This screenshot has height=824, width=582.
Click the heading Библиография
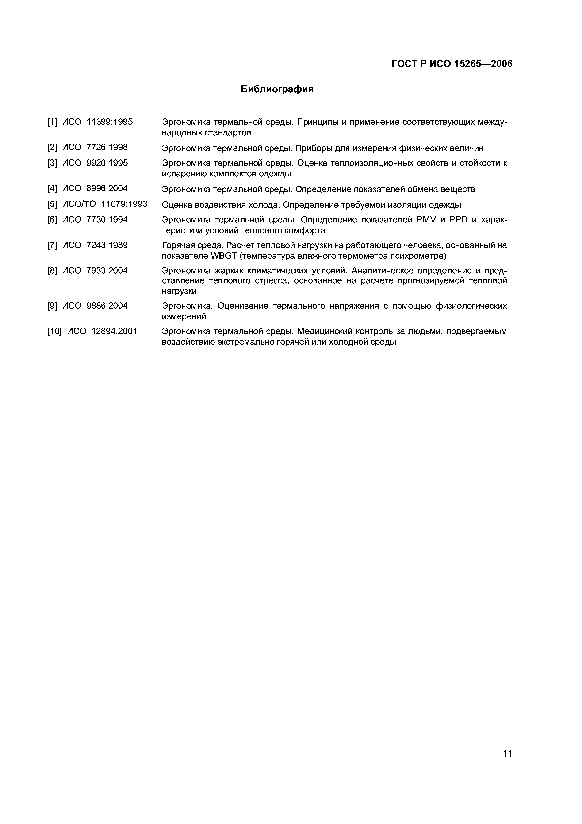tap(277, 89)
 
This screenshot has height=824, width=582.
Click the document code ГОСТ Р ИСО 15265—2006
tap(452, 64)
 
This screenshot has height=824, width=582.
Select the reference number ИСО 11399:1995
tap(97, 122)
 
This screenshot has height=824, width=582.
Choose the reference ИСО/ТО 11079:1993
tap(105, 204)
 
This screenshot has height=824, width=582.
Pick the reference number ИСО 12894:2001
tap(102, 331)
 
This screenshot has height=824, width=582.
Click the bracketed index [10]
tap(54, 331)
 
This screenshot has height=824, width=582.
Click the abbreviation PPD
tap(458, 220)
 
